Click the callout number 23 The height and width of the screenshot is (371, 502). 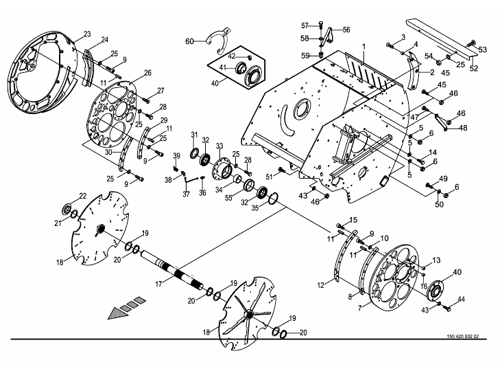pyautogui.click(x=87, y=34)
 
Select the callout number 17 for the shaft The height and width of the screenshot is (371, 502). pyautogui.click(x=159, y=284)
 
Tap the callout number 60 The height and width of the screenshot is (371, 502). pyautogui.click(x=189, y=41)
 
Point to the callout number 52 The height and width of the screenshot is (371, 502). pyautogui.click(x=473, y=68)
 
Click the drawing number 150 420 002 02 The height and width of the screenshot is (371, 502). pyautogui.click(x=463, y=337)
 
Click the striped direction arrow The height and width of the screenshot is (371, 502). pyautogui.click(x=127, y=308)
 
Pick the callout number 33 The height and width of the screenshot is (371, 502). pyautogui.click(x=219, y=146)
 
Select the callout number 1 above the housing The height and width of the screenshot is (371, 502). pyautogui.click(x=363, y=47)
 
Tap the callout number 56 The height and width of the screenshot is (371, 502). pyautogui.click(x=346, y=30)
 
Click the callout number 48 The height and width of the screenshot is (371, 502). pyautogui.click(x=464, y=128)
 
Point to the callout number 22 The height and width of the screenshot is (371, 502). pyautogui.click(x=83, y=196)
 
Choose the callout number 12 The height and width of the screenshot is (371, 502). pyautogui.click(x=321, y=284)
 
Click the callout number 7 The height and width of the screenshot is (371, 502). pyautogui.click(x=360, y=308)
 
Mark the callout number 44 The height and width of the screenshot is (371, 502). pyautogui.click(x=461, y=299)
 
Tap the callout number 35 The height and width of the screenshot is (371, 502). pyautogui.click(x=254, y=208)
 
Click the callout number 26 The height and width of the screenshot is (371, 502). pyautogui.click(x=147, y=73)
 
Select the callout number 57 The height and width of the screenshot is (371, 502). pyautogui.click(x=304, y=25)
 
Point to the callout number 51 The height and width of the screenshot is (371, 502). pyautogui.click(x=270, y=177)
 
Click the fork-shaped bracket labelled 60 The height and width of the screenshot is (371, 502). pyautogui.click(x=218, y=40)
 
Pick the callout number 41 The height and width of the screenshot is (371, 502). pyautogui.click(x=223, y=67)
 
